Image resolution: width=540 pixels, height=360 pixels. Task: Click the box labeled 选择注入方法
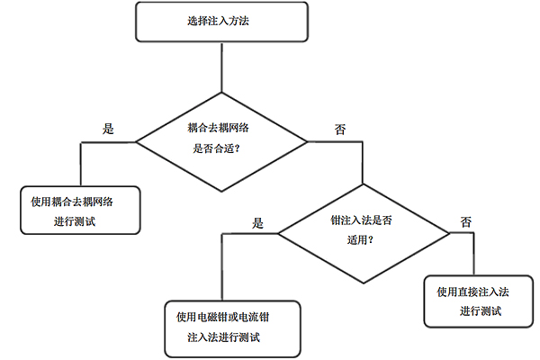pos(220,22)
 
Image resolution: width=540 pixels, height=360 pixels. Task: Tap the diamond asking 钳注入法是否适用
pos(363,232)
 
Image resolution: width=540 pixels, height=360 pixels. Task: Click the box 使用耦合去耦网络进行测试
pos(80,210)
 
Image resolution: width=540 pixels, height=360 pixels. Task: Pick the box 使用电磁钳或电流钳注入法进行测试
pos(231,327)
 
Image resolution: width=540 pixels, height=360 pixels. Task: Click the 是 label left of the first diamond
pos(109,128)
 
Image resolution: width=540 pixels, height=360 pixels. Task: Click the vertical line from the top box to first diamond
pos(220,67)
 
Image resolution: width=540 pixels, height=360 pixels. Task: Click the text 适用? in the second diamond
pos(360,241)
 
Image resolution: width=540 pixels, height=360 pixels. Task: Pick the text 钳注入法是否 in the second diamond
pos(362,220)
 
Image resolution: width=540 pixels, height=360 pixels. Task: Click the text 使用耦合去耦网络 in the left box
pos(80,200)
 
